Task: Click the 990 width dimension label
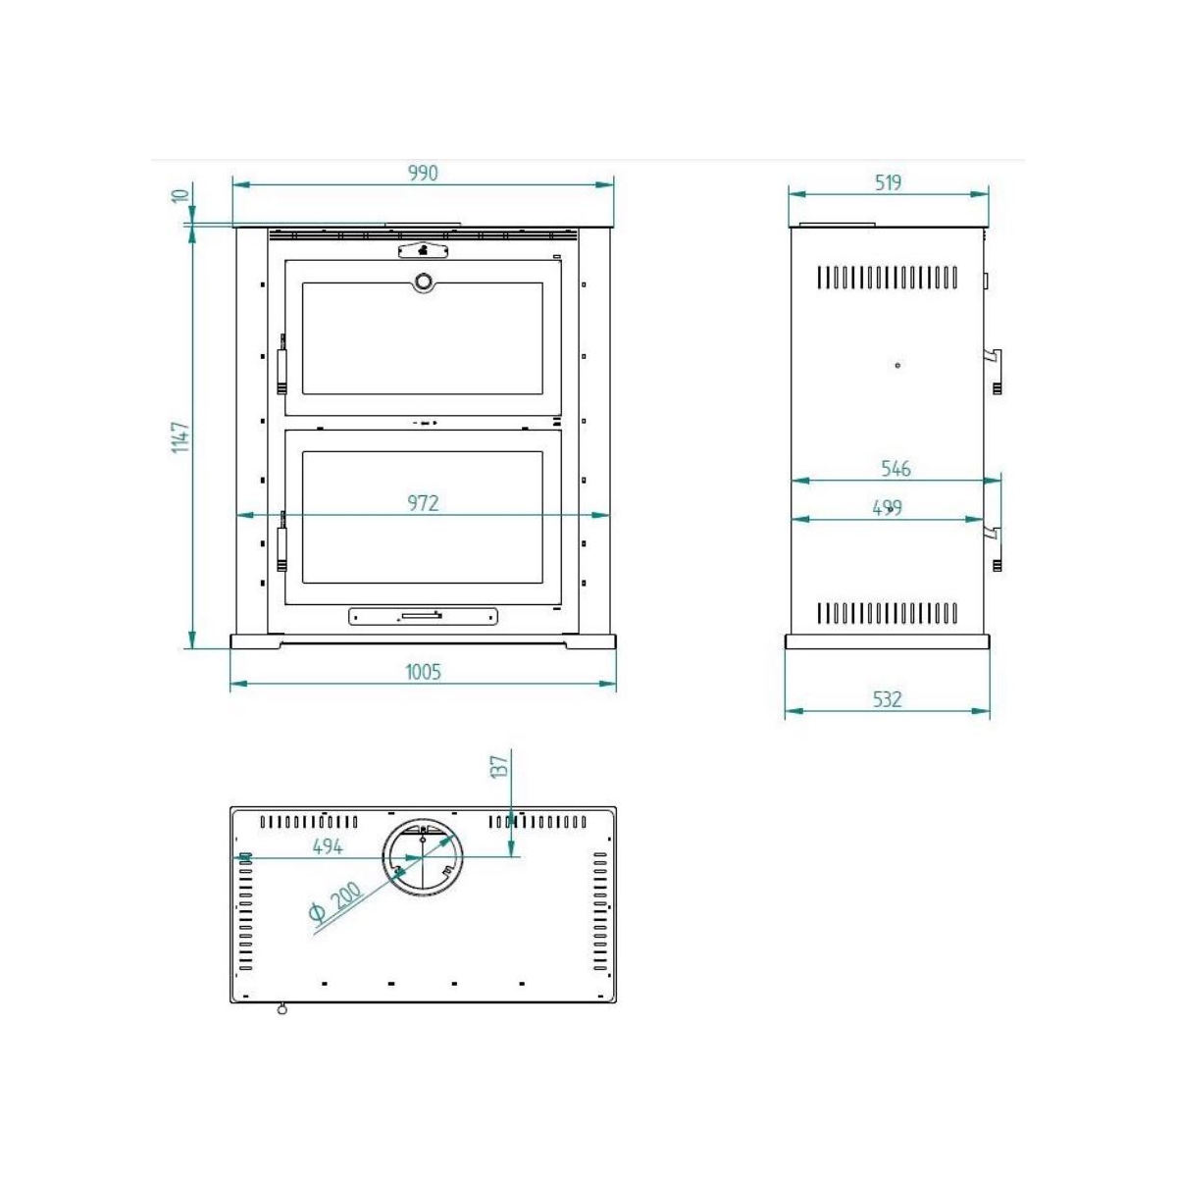423,173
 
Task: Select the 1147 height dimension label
180,436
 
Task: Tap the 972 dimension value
423,503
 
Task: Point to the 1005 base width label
423,672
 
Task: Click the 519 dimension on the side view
888,182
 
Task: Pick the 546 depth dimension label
896,469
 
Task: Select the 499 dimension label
887,508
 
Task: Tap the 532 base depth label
887,699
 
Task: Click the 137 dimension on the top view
499,767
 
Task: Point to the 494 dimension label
328,846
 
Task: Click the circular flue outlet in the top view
423,857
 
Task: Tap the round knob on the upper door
423,281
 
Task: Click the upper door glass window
423,338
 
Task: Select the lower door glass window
423,515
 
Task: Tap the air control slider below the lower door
423,616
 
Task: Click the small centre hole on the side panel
897,366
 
